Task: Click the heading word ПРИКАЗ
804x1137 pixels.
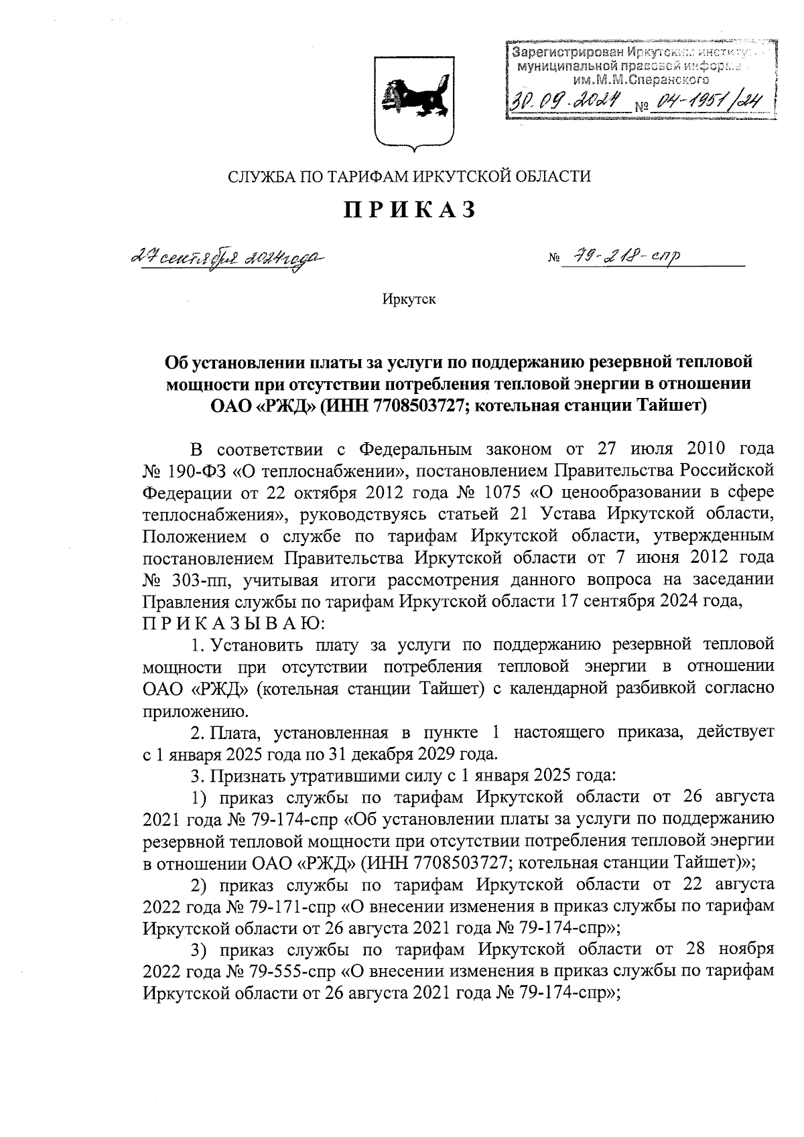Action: coord(409,210)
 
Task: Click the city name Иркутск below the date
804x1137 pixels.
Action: coord(409,299)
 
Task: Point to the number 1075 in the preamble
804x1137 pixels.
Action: coord(500,492)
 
